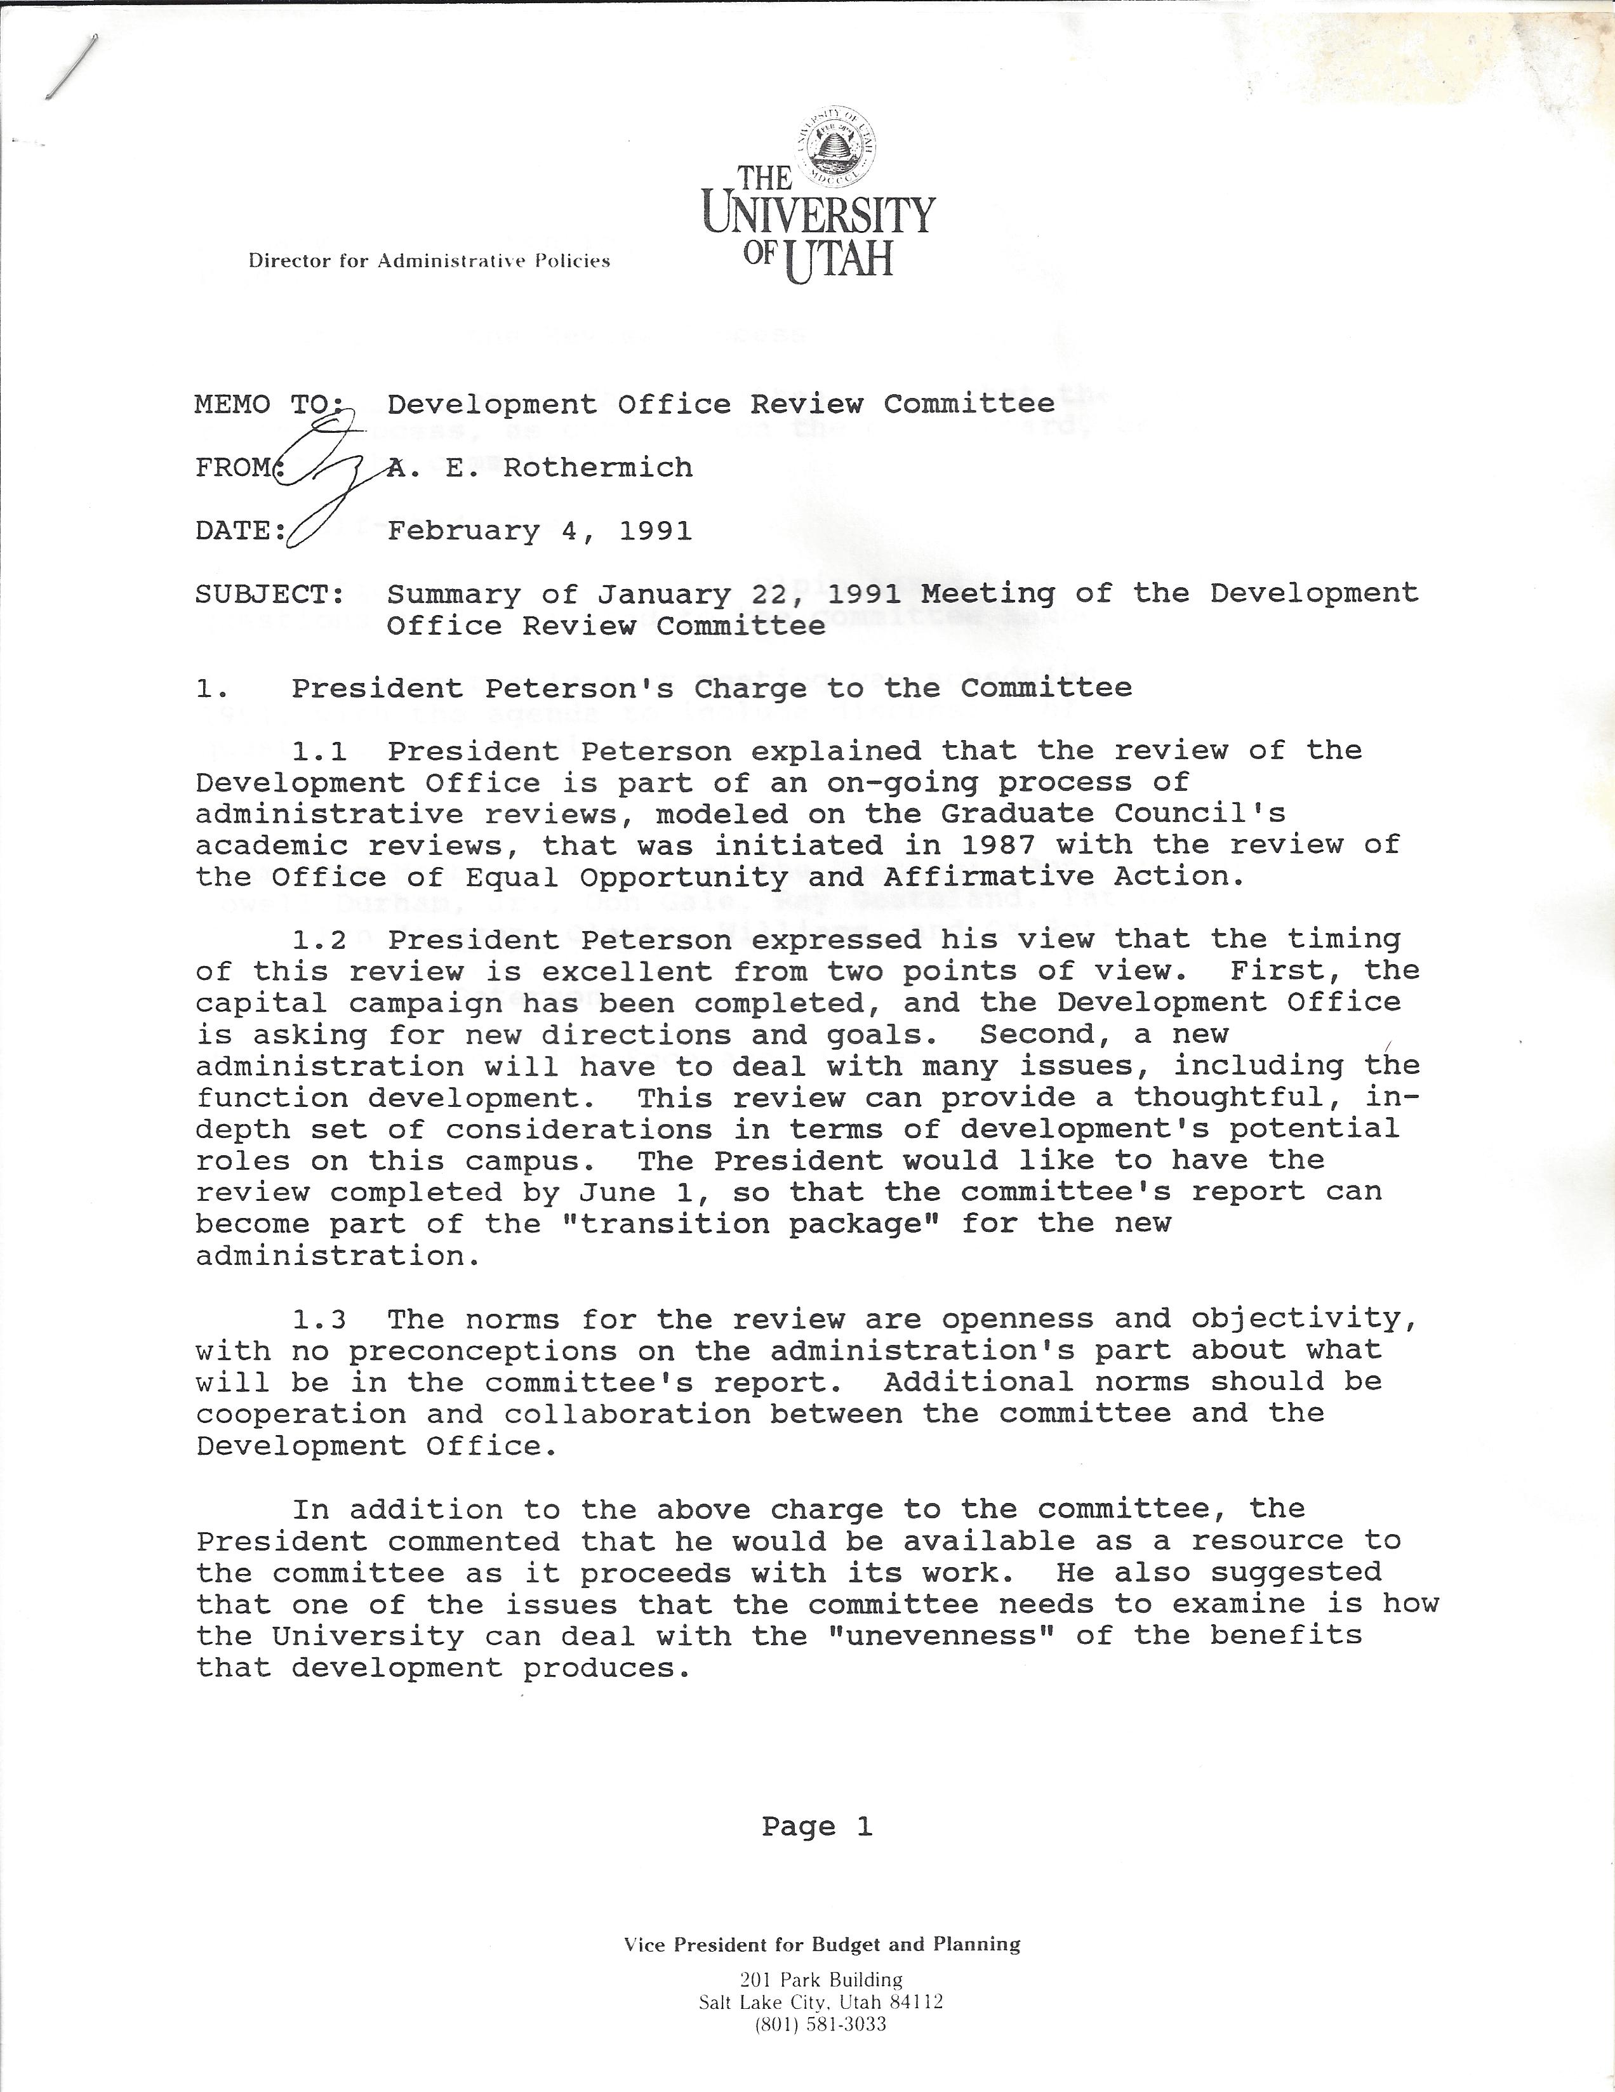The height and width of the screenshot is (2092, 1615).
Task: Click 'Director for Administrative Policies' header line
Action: click(429, 260)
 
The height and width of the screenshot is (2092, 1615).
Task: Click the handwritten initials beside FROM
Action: click(326, 479)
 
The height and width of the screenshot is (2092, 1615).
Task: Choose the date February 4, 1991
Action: click(540, 531)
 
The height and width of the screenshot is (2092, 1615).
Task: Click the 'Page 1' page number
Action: click(817, 1827)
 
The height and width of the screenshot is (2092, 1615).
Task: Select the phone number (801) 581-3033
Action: click(821, 2024)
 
